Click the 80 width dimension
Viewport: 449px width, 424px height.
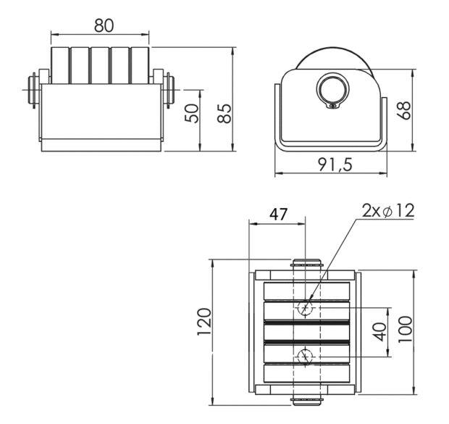(104, 25)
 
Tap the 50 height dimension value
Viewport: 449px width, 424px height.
(192, 114)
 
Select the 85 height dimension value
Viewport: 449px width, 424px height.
(224, 114)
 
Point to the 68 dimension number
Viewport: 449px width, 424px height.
(404, 110)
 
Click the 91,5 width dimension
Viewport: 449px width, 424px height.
(335, 165)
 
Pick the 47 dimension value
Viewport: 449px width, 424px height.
(279, 214)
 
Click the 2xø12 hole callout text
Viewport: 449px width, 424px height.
(388, 211)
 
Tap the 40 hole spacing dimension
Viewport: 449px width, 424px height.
(379, 332)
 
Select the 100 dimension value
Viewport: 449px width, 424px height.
(405, 329)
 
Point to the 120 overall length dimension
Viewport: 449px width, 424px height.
(204, 321)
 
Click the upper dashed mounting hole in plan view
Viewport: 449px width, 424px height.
(306, 308)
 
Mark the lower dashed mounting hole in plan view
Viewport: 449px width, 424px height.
(306, 357)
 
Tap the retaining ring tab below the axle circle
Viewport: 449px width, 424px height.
(333, 106)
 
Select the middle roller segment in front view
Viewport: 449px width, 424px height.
(100, 65)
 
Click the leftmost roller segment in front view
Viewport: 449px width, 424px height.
(60, 65)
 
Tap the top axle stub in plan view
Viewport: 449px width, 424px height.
(306, 264)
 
